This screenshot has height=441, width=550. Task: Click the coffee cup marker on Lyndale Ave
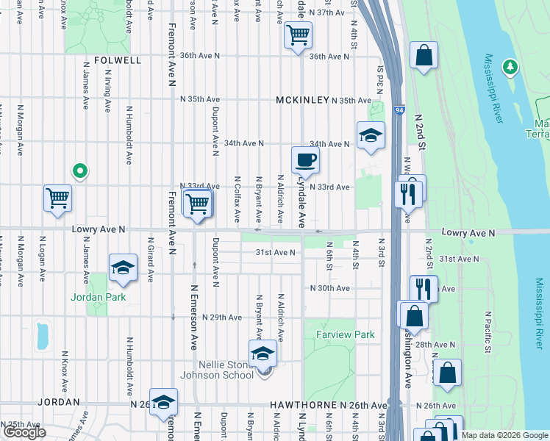pyautogui.click(x=305, y=160)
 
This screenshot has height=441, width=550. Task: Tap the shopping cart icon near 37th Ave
pyautogui.click(x=298, y=35)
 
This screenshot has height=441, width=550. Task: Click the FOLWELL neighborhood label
pyautogui.click(x=118, y=60)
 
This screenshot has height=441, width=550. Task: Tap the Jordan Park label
pyautogui.click(x=98, y=297)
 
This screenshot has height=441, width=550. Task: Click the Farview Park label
pyautogui.click(x=345, y=334)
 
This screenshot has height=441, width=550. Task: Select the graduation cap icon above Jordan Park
pyautogui.click(x=124, y=268)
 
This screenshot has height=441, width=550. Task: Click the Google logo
pyautogui.click(x=24, y=432)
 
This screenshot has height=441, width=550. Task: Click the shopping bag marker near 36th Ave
pyautogui.click(x=424, y=55)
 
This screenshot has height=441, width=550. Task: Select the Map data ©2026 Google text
pyautogui.click(x=504, y=435)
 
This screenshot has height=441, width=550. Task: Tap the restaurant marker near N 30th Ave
pyautogui.click(x=424, y=288)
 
